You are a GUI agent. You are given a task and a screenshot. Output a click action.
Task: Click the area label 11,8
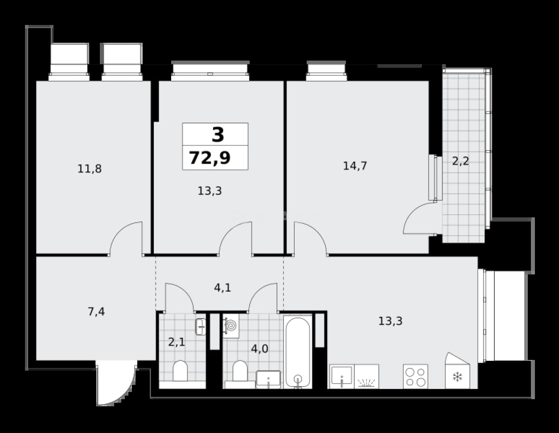[90, 169]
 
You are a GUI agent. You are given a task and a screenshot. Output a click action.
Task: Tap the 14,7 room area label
[355, 166]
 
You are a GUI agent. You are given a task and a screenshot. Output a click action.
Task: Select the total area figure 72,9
[210, 158]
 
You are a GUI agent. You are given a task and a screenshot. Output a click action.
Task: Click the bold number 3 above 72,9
[218, 135]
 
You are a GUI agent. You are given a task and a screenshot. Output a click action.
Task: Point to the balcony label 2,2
[460, 161]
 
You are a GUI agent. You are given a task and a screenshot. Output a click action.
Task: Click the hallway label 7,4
[96, 312]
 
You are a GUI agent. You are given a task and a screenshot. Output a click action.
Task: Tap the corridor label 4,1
[222, 288]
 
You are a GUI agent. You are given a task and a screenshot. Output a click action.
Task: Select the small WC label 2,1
[177, 342]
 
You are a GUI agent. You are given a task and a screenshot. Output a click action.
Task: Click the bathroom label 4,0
[259, 349]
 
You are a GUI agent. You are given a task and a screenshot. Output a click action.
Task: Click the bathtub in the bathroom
[298, 352]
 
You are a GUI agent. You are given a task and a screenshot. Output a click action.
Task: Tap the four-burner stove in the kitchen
[415, 376]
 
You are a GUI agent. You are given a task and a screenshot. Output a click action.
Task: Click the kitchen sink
[341, 376]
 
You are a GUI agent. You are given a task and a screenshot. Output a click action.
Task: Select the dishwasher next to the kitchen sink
[366, 376]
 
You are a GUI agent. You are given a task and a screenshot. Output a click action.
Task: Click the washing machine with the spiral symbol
[231, 326]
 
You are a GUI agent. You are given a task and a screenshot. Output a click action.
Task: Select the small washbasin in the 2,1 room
[201, 327]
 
